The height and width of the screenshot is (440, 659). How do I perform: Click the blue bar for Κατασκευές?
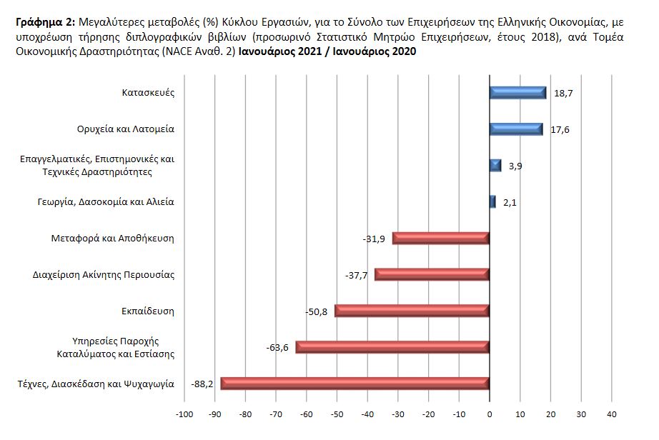517,93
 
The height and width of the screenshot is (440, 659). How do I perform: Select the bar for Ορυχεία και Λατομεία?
515,129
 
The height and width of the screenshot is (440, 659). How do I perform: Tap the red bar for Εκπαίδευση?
412,311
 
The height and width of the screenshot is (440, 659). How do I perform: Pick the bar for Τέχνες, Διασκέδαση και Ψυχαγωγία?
355,384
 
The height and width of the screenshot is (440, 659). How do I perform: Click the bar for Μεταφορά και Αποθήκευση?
440,238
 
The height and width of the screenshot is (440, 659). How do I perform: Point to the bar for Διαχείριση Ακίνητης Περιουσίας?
432,274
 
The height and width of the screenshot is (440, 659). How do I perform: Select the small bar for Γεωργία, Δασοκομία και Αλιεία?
492,202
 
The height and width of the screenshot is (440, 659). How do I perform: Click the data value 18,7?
563,93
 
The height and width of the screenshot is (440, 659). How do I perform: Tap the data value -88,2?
202,384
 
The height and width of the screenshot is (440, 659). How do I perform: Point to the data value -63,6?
277,347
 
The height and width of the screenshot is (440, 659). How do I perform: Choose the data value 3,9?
515,166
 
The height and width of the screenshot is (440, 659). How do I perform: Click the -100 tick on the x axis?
184,414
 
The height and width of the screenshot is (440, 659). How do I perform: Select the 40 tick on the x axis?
611,414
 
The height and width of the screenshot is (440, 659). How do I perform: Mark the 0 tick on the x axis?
490,414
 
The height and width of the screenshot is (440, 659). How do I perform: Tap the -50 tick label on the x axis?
337,414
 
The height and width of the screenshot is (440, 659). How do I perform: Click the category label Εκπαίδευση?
149,311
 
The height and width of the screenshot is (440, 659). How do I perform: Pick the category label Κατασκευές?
149,93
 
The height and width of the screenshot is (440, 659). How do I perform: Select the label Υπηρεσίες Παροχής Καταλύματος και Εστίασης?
115,347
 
